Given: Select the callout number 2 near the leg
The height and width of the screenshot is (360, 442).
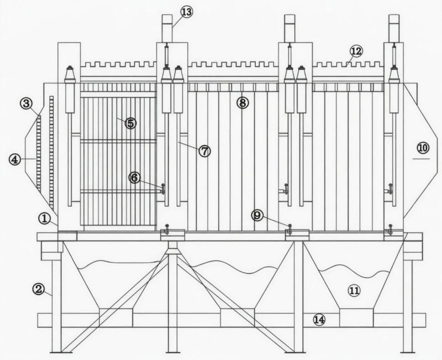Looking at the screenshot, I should click(x=38, y=289).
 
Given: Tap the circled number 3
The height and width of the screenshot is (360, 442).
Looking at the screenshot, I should click(x=26, y=103).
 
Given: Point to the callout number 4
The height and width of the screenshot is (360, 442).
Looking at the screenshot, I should click(x=15, y=159).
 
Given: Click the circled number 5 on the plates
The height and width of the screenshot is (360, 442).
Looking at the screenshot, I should click(x=130, y=123).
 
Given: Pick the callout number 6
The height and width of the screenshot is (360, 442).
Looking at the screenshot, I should click(x=134, y=178).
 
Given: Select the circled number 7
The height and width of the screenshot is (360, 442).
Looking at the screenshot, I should click(x=204, y=150).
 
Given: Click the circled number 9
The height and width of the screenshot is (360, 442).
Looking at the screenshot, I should click(x=257, y=215).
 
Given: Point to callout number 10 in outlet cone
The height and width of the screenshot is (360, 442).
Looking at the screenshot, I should click(x=422, y=148).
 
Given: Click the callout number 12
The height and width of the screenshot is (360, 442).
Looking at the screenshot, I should click(x=356, y=51).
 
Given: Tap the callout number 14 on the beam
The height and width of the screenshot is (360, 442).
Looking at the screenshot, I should click(x=319, y=319).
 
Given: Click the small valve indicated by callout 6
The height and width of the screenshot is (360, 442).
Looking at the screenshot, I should click(x=163, y=190).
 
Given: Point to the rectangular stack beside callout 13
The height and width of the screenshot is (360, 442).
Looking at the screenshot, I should click(x=167, y=28).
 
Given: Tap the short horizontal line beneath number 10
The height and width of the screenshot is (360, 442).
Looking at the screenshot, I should click(x=421, y=159).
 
